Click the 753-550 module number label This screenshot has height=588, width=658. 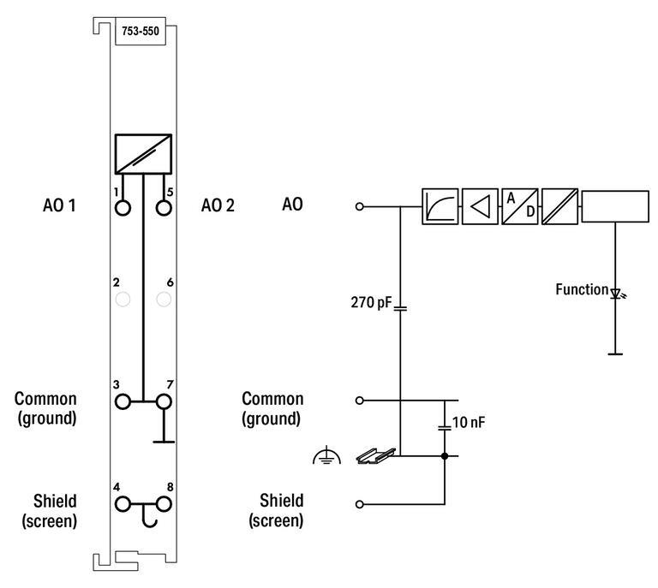click(140, 33)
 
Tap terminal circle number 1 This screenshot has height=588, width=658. click(123, 208)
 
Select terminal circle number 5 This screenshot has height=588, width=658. click(164, 208)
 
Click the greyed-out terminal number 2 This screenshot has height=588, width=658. click(123, 300)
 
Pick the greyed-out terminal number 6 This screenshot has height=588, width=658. click(164, 300)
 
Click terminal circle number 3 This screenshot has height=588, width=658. click(123, 401)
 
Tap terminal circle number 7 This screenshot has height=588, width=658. click(164, 401)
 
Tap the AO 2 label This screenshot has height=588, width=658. click(218, 205)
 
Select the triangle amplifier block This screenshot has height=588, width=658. click(480, 206)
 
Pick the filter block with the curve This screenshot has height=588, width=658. click(440, 206)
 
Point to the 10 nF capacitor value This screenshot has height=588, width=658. click(468, 422)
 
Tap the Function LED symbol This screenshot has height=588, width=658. click(615, 294)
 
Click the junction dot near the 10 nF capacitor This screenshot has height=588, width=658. click(445, 456)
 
